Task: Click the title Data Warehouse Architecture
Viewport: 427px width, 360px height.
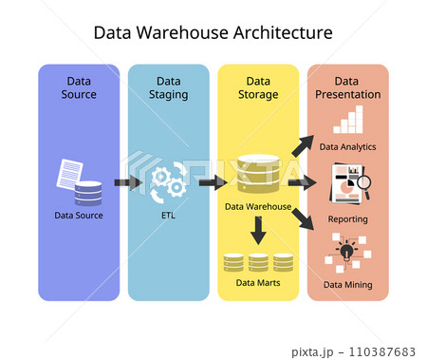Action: click(x=213, y=32)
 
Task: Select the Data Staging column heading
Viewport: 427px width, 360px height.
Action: click(x=168, y=87)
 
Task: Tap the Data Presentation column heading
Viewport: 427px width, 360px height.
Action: click(x=347, y=87)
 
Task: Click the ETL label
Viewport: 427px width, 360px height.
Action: click(x=168, y=216)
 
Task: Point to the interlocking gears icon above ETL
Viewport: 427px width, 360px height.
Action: click(x=169, y=181)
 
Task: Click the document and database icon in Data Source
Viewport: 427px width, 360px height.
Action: click(x=79, y=181)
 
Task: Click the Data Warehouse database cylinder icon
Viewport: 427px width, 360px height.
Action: click(x=258, y=175)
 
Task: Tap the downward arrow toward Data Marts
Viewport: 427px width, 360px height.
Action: click(x=258, y=230)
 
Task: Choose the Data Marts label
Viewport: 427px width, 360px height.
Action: click(x=258, y=282)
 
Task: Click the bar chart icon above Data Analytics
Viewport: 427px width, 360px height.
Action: click(x=347, y=120)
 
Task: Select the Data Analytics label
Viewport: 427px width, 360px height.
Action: click(x=347, y=147)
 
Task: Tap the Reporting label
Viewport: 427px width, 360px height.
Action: click(x=347, y=218)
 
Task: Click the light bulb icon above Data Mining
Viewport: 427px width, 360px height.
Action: click(x=347, y=253)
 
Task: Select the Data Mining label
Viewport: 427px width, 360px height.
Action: click(x=347, y=284)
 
